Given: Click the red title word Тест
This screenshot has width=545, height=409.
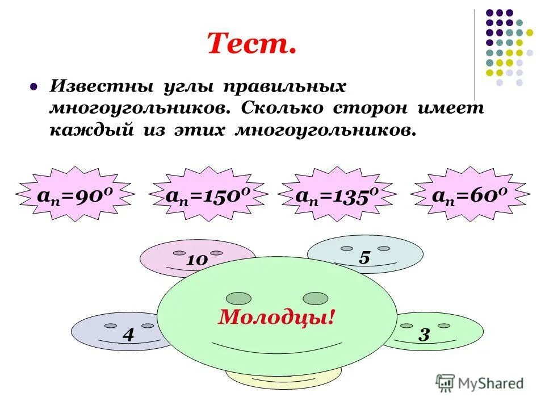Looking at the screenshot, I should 252,43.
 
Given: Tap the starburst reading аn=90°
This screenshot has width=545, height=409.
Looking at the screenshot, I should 76,195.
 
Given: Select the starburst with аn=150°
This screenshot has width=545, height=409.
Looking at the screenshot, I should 208,195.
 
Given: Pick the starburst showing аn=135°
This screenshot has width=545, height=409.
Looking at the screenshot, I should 337,195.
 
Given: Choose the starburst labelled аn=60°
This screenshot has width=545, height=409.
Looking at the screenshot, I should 471,195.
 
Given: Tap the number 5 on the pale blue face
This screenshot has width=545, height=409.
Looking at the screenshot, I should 364,258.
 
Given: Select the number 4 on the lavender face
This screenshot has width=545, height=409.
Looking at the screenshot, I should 128,335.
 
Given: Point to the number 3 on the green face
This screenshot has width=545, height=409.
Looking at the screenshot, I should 424,335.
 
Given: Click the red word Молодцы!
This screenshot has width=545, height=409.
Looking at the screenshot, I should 276,317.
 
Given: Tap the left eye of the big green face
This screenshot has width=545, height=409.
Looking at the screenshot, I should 238,298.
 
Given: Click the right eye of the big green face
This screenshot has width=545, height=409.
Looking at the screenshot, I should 316,298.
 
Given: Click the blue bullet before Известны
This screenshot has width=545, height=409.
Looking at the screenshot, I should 33,87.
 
